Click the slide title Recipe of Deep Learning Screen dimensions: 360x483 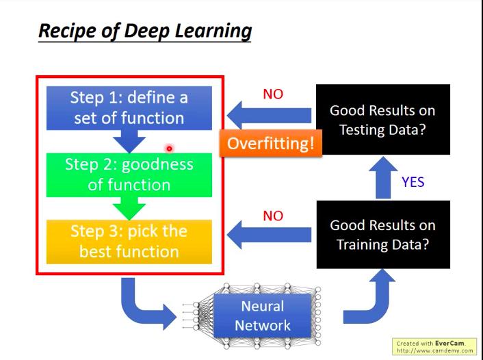(144, 31)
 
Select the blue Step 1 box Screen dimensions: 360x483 (129, 108)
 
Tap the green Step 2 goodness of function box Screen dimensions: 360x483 (129, 175)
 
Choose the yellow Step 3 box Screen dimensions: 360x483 (129, 242)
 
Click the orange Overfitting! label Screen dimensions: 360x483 (270, 144)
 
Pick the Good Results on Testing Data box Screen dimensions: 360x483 (382, 119)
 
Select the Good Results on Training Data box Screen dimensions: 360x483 (382, 234)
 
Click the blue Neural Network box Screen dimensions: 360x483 (262, 316)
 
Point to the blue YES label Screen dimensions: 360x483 (413, 181)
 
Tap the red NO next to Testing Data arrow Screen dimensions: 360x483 (273, 94)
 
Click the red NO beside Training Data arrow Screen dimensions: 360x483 (273, 216)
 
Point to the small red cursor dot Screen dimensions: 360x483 (169, 149)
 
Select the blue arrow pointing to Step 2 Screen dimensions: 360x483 (129, 141)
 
